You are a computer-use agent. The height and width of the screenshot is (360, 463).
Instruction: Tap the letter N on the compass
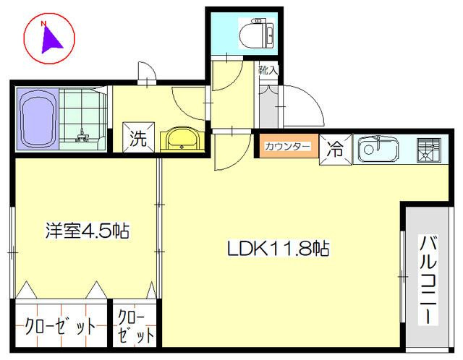click(x=43, y=25)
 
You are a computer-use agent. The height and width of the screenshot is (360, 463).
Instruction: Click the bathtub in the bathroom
click(x=37, y=119)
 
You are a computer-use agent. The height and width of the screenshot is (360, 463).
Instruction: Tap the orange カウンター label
click(x=288, y=147)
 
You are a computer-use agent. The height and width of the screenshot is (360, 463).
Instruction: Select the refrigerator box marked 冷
click(x=336, y=150)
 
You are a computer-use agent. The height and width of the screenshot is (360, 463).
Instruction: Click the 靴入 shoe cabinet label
click(x=268, y=71)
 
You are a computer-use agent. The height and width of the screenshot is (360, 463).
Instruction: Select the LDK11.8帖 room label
click(x=279, y=250)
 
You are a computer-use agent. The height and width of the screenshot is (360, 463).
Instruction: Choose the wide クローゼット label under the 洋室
click(x=59, y=326)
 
